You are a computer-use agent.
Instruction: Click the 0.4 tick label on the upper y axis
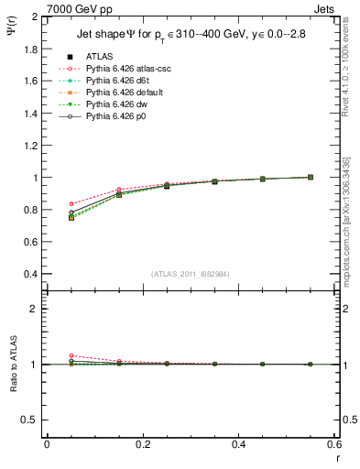point(31,274)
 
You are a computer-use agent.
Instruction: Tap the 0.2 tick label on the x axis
point(143,444)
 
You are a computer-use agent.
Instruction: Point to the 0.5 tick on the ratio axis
point(31,420)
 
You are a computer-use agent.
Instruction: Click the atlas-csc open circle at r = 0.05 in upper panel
point(71,204)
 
